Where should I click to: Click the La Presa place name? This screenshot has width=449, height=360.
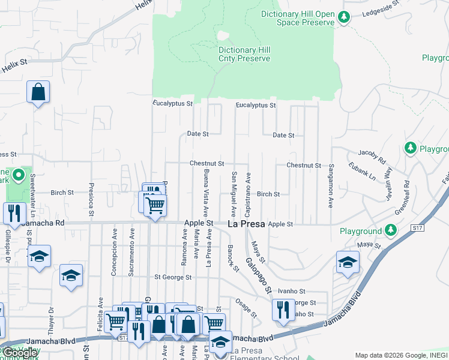tap(247, 224)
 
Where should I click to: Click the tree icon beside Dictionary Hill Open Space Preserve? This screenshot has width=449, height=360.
tap(344, 17)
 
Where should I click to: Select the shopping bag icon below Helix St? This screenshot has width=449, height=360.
tap(38, 92)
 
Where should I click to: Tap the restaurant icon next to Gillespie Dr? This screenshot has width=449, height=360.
tap(13, 212)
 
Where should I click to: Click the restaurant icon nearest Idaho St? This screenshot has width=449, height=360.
tap(283, 310)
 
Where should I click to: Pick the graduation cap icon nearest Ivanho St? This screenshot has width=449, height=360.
tap(347, 262)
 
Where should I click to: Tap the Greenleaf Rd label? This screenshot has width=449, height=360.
tap(406, 197)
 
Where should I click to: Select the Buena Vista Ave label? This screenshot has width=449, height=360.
tap(206, 193)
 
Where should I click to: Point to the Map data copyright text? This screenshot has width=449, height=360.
tap(400, 355)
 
